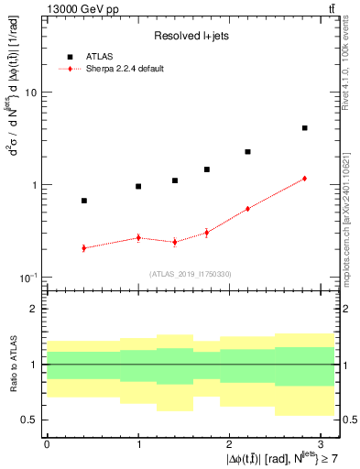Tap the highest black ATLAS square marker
click(304, 128)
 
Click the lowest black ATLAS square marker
click(84, 201)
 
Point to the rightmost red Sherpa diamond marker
click(304, 179)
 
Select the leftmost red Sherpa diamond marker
click(84, 248)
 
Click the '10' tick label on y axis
click(30, 93)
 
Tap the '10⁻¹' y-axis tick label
click(27, 277)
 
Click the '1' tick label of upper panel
click(34, 185)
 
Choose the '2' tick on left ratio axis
click(34, 310)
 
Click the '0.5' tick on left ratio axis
click(30, 420)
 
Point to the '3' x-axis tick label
click(322, 442)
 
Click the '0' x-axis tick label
click(47, 442)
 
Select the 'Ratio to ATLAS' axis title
click(12, 365)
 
